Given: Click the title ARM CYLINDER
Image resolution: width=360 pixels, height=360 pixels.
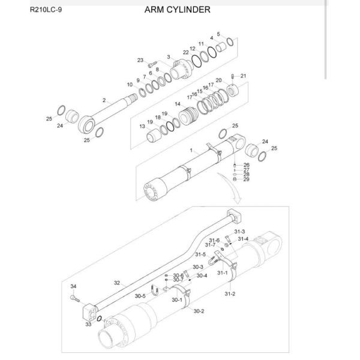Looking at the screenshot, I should (x=177, y=10).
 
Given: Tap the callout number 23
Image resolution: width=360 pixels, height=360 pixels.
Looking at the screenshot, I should (x=141, y=60).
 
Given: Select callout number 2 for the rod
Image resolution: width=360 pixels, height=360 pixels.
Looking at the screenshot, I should (x=104, y=100).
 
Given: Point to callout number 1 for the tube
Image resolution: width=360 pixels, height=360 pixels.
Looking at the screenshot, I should (x=191, y=149).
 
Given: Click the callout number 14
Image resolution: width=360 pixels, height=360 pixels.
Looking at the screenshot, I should (x=178, y=104).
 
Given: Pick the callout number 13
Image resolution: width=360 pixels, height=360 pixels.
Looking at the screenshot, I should (x=142, y=127).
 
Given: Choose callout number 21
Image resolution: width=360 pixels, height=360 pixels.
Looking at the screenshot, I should (x=243, y=76).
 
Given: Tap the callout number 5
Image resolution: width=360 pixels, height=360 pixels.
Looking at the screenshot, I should (x=218, y=34).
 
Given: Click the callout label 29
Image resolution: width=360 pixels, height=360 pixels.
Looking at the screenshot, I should (x=246, y=179).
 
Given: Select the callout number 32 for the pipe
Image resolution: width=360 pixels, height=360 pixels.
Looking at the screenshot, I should (x=117, y=282).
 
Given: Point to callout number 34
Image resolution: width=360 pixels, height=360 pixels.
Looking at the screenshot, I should (x=73, y=286).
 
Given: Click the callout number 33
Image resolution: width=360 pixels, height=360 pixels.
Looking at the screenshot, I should (x=88, y=324).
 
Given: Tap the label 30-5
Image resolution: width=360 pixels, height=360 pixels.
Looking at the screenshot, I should (x=140, y=296).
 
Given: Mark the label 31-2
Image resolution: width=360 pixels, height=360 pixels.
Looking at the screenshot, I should (x=230, y=294).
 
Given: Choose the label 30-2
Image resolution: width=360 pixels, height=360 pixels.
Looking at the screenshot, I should (x=199, y=311).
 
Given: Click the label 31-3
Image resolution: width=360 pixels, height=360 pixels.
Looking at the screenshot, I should (x=239, y=232).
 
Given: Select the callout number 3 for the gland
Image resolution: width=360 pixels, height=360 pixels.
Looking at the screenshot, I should (x=169, y=57).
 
